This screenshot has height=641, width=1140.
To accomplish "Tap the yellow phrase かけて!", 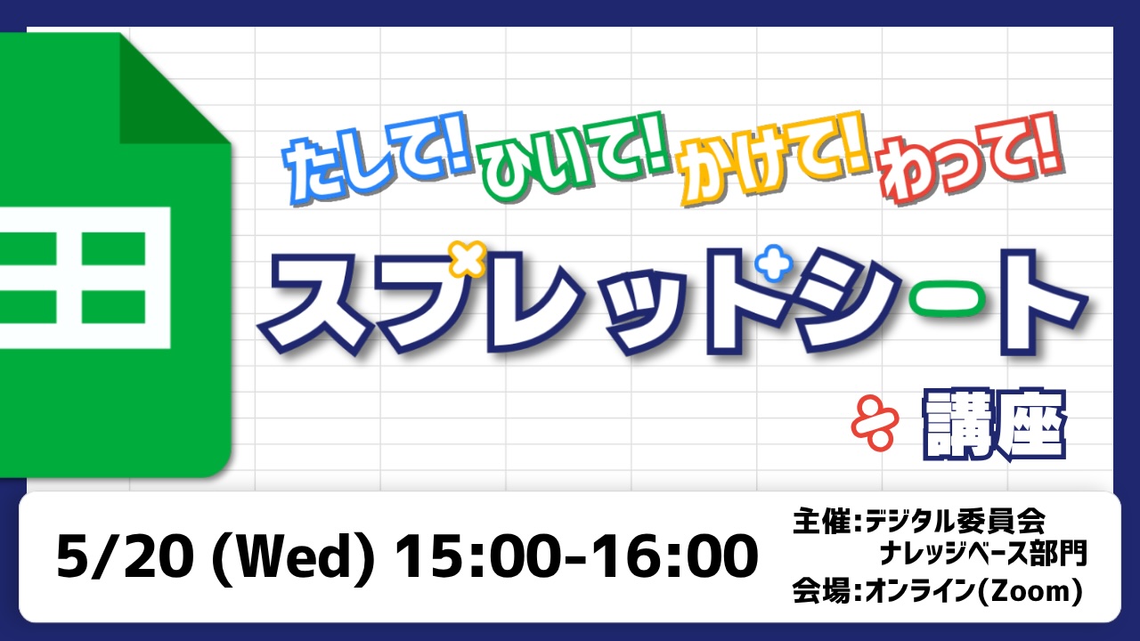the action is tap(774, 157).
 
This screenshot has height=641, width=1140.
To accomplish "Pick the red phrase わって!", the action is tap(971, 158).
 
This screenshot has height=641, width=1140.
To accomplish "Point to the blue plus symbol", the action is tap(774, 263).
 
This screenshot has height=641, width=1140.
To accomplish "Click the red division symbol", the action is tap(875, 425).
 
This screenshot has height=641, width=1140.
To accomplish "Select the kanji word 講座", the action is tap(994, 425).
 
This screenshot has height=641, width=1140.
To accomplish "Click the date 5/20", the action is tap(126, 556).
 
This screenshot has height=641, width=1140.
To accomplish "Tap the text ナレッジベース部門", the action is tap(983, 553).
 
